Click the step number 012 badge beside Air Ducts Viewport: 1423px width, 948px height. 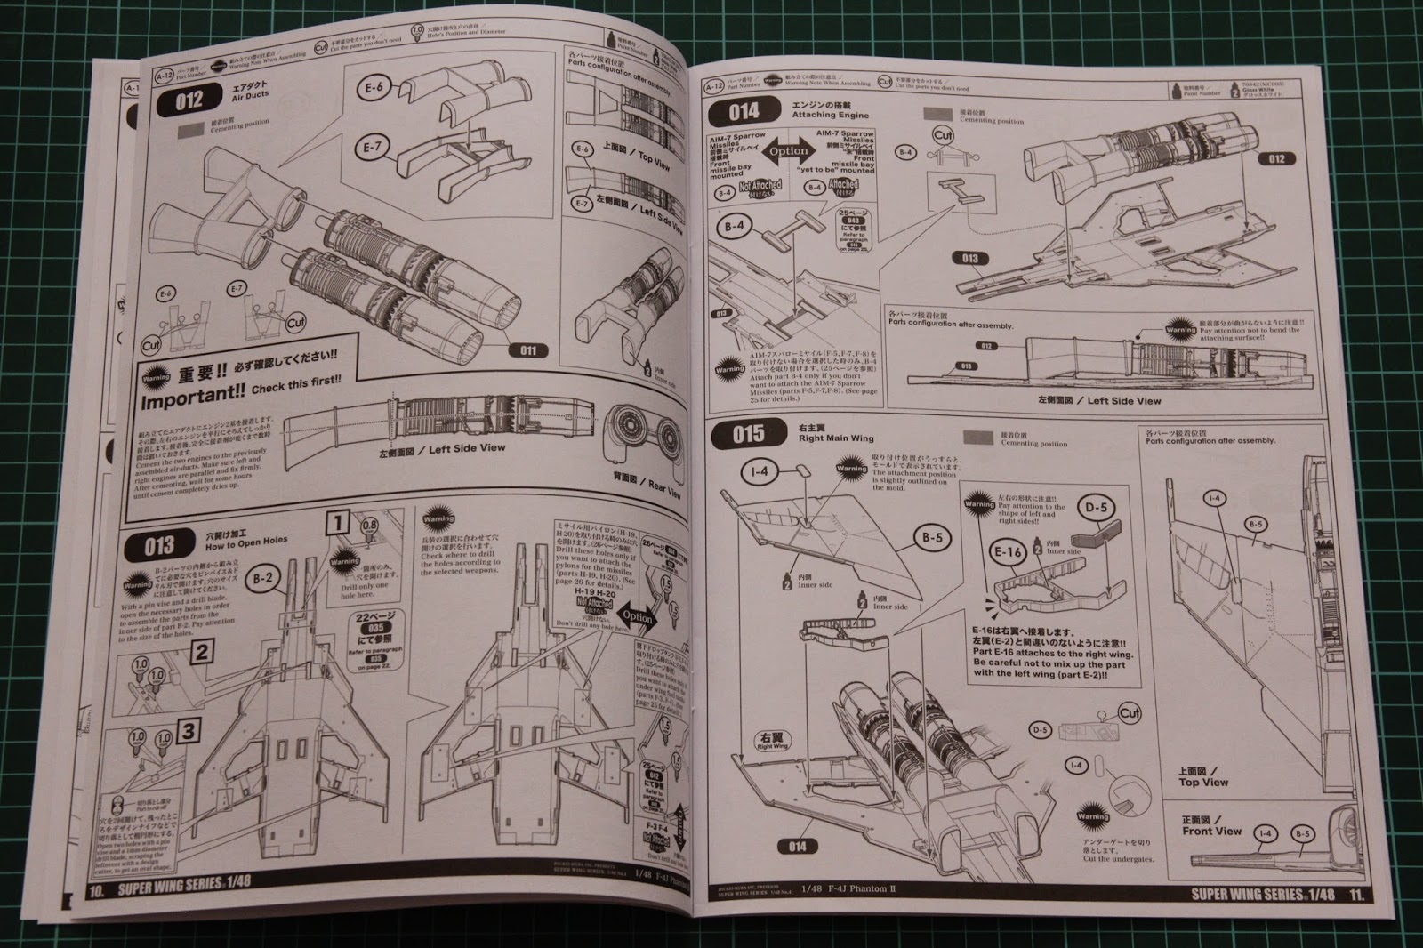(x=189, y=100)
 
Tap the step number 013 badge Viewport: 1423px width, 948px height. (x=159, y=544)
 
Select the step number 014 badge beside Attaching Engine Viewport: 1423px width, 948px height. (x=744, y=111)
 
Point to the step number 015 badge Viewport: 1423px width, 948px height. (x=749, y=435)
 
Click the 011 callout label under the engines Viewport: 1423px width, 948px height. (x=528, y=350)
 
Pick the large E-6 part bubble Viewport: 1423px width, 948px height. (x=374, y=88)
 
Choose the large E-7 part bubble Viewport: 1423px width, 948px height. (x=371, y=147)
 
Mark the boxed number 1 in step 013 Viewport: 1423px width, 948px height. (x=337, y=522)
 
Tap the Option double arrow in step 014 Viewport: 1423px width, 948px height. (x=788, y=151)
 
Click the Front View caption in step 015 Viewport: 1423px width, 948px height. (x=1210, y=831)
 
